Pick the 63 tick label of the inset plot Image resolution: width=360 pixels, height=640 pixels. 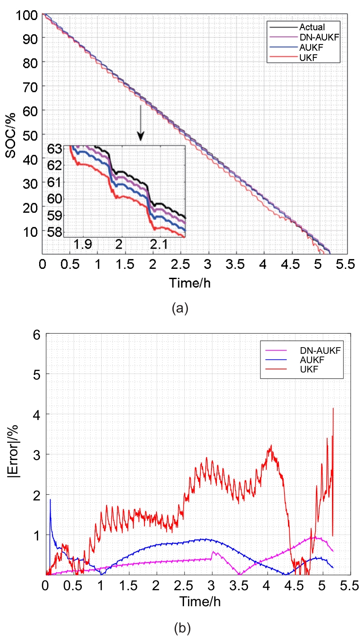55,149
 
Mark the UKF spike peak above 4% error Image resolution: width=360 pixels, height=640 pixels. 333,408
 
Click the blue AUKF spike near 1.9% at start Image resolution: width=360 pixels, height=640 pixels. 50,500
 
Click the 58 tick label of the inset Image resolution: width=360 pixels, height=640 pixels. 55,232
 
